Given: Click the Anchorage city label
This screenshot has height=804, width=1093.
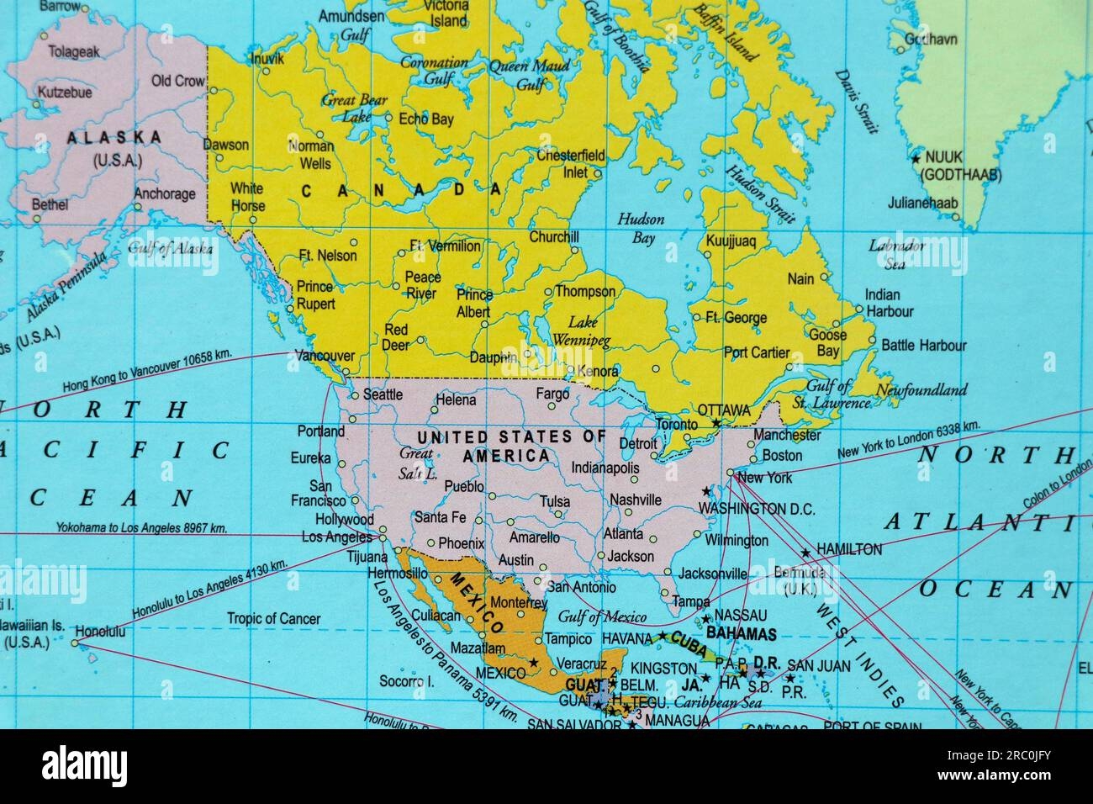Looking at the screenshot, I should (165, 194).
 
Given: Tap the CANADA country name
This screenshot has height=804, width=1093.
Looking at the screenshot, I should (401, 191).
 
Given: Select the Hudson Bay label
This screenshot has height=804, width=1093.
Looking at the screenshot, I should (641, 229).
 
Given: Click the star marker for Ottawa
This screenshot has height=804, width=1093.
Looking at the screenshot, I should (716, 422).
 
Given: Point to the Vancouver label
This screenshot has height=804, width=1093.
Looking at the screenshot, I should (324, 356).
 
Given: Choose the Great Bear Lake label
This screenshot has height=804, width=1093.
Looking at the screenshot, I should (354, 108).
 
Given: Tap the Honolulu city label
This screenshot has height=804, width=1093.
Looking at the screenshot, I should (100, 630).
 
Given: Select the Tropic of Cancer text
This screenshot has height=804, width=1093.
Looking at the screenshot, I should (273, 619).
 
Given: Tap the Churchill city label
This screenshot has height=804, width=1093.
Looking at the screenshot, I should (554, 237).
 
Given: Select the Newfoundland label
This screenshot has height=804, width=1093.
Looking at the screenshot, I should (921, 390).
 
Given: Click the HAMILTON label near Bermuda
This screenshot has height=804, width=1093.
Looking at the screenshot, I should (849, 550).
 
